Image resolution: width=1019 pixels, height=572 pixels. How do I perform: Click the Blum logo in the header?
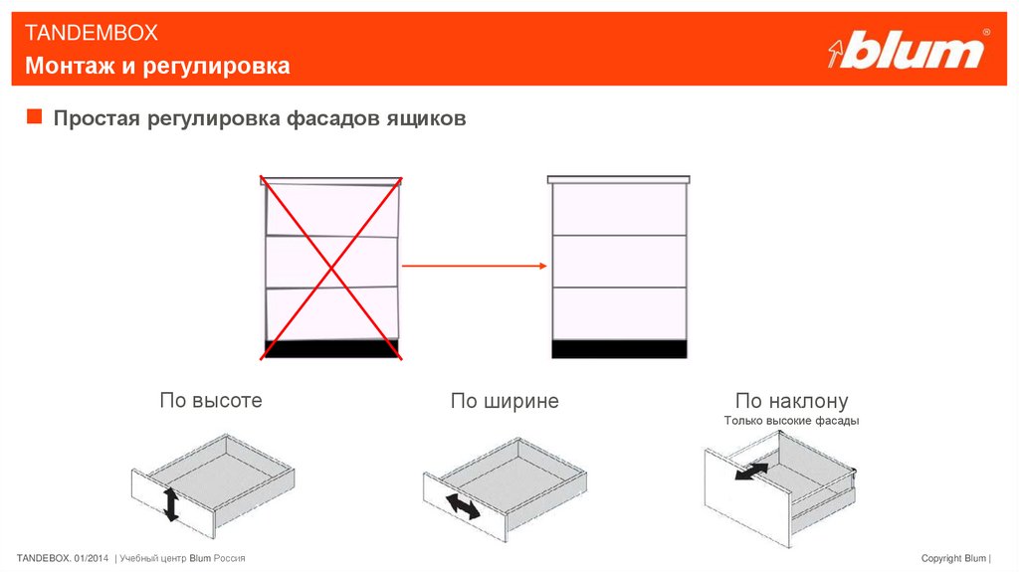[909, 49]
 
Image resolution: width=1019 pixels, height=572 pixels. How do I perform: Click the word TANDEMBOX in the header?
[91, 33]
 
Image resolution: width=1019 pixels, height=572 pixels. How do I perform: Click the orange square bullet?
[35, 116]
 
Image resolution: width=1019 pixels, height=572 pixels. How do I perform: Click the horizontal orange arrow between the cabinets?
[475, 266]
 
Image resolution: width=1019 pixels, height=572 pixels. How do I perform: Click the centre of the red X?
[331, 268]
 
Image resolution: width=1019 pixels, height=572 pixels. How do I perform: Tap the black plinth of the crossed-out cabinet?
[331, 349]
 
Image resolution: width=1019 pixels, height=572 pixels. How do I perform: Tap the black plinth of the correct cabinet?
[619, 349]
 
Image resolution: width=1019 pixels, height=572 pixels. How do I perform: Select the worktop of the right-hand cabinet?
[619, 179]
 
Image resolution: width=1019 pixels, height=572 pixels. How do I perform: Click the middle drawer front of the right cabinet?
[619, 262]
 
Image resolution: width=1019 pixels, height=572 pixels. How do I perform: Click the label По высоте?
[211, 400]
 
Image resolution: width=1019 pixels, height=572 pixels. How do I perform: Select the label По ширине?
[505, 401]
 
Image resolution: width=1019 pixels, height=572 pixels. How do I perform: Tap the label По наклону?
[791, 401]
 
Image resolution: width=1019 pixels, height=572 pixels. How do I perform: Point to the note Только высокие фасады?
[791, 421]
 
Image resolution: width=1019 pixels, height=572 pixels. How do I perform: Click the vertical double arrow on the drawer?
[171, 504]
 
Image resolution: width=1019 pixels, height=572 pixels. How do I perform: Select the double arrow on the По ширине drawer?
[463, 506]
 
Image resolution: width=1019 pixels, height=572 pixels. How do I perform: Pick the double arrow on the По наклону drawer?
[752, 472]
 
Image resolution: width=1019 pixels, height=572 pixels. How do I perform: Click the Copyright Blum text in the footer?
[953, 558]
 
